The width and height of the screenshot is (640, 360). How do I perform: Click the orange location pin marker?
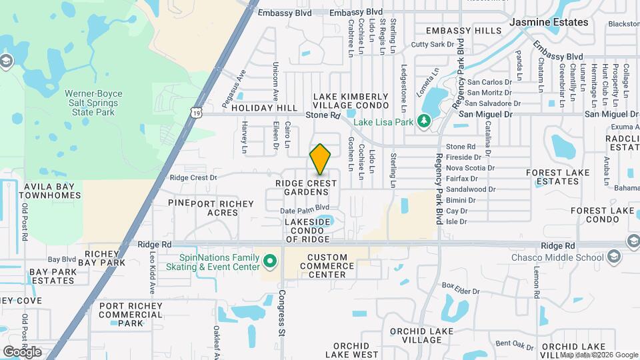(x=320, y=159)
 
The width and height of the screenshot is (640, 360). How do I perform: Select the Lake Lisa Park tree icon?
(x=422, y=121)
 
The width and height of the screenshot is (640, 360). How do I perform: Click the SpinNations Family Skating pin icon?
(x=270, y=260)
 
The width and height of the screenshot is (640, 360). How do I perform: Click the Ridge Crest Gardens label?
(x=302, y=187)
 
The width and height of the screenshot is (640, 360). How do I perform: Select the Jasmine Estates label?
(x=549, y=22)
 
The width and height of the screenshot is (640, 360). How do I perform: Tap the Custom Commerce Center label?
(x=327, y=266)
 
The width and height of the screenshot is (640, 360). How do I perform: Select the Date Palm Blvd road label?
(x=305, y=208)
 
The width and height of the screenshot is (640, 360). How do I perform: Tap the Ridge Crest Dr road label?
(x=193, y=178)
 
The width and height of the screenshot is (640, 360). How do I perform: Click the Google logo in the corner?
(x=22, y=352)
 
